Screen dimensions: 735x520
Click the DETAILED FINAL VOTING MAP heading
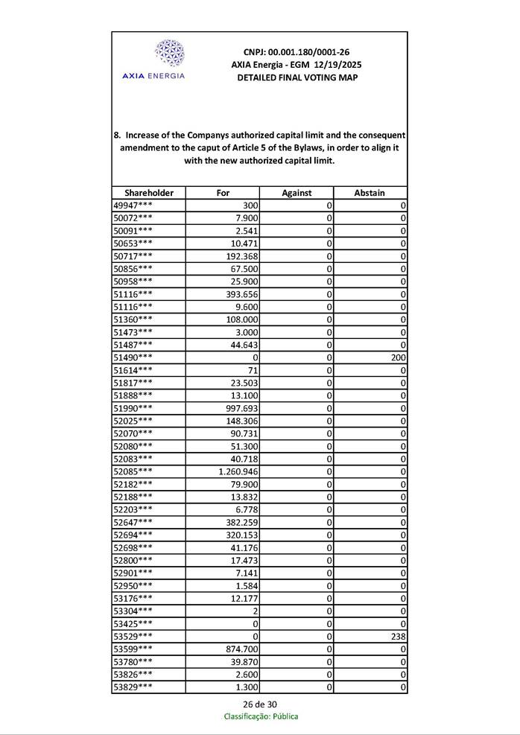coord(297,77)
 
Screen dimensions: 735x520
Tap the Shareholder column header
coord(149,192)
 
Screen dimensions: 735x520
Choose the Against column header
coord(297,192)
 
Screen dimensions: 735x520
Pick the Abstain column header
coord(370,192)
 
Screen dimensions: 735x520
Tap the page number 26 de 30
coord(260,704)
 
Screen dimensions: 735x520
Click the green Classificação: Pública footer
coord(261,716)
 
